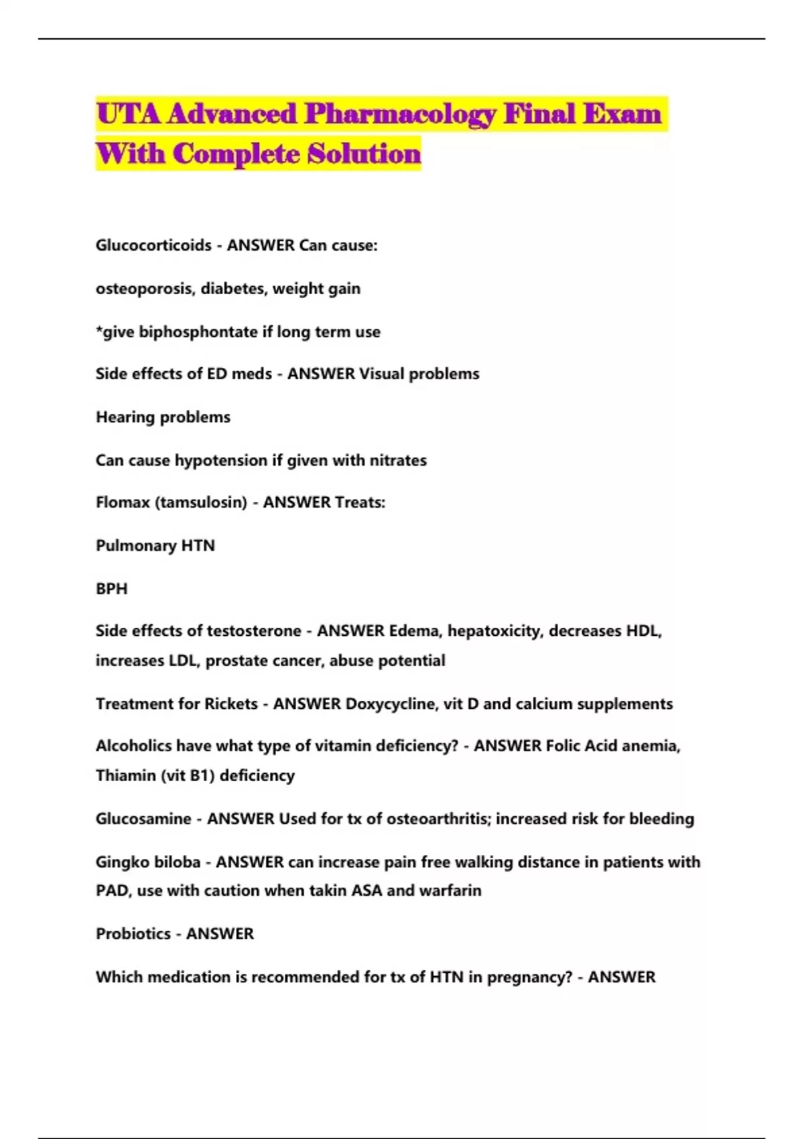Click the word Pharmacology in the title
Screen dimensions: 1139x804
[400, 115]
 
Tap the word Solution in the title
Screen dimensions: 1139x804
[364, 154]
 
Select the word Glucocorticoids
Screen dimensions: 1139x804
[153, 245]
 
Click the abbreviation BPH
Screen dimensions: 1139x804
[111, 588]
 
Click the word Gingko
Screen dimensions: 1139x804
[120, 862]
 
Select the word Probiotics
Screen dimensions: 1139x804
[133, 934]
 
